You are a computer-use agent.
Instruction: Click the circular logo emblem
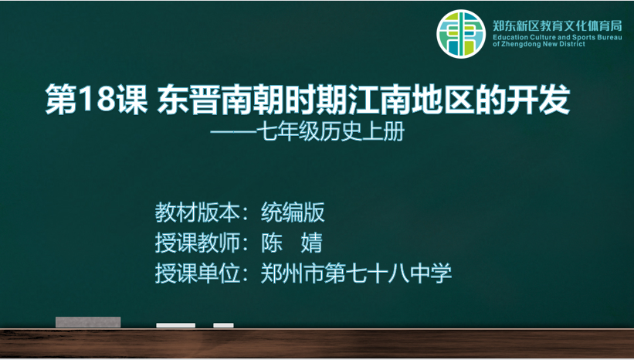461,33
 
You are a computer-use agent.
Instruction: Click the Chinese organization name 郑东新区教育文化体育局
558,26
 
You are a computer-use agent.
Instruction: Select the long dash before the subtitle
236,132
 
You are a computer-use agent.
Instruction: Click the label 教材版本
197,212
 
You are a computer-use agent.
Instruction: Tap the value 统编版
293,212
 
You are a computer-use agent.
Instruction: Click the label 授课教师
197,243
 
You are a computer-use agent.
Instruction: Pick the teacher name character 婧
312,243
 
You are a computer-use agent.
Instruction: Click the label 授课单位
197,273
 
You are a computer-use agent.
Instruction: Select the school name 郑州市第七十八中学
356,273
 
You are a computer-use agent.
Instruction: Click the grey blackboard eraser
88,322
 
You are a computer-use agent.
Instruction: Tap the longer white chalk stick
176,325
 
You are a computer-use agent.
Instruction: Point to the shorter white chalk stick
224,325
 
